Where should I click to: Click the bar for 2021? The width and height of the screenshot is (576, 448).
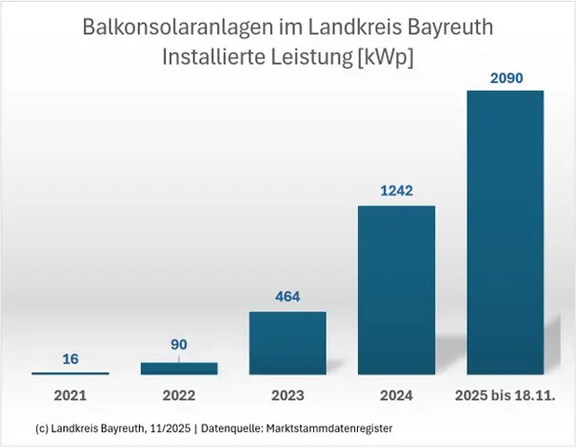click(x=70, y=373)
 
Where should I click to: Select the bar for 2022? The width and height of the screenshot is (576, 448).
click(x=179, y=368)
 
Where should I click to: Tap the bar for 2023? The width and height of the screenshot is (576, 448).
click(x=288, y=343)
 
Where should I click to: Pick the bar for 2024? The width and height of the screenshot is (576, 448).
click(x=396, y=290)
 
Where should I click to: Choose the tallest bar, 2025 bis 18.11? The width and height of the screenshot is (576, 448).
click(x=505, y=233)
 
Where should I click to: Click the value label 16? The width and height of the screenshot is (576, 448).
click(x=70, y=359)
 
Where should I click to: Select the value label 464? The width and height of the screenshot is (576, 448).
click(x=288, y=296)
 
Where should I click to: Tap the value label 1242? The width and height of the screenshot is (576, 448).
click(x=396, y=190)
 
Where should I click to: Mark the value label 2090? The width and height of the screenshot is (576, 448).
click(x=505, y=75)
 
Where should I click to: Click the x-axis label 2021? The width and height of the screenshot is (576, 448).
click(x=70, y=393)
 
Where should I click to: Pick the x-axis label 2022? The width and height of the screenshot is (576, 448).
click(x=179, y=393)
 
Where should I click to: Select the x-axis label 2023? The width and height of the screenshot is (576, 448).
click(x=288, y=393)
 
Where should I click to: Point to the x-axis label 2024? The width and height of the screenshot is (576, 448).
click(x=396, y=393)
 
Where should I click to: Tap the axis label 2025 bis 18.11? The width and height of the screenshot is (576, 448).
click(x=505, y=393)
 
